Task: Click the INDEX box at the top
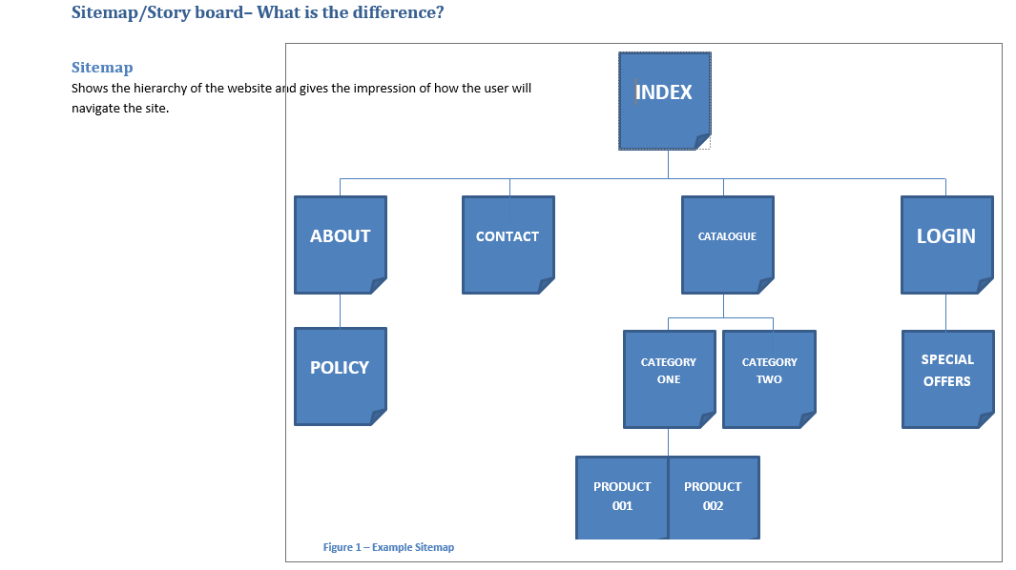[664, 101]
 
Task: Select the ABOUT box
[340, 244]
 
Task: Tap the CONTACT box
[508, 244]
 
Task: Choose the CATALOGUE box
[727, 244]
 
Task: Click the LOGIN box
[946, 244]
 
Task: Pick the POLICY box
[340, 376]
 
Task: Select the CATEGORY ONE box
[669, 378]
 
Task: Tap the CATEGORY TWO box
[769, 378]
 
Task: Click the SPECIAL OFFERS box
[947, 378]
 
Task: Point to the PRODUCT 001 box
[622, 497]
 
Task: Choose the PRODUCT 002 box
[713, 497]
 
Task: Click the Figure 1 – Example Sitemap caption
[388, 547]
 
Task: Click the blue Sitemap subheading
[102, 68]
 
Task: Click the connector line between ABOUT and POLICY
[340, 311]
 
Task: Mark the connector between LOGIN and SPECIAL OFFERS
[946, 312]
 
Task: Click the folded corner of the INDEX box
[702, 142]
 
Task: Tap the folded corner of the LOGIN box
[985, 285]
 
